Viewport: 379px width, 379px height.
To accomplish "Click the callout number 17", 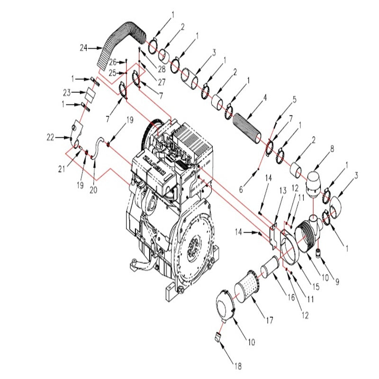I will tap(269, 321).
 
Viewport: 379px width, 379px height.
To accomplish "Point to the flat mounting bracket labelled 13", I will tap(273, 235).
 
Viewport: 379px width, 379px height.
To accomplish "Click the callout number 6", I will tap(240, 189).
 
